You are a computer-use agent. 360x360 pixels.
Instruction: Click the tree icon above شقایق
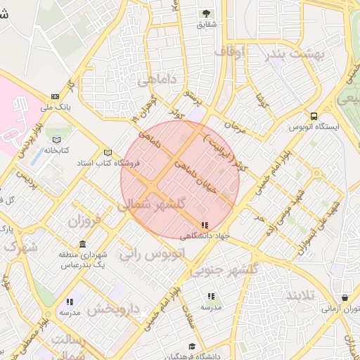pyautogui.click(x=206, y=13)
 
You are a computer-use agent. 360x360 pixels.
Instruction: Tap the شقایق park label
pyautogui.click(x=206, y=25)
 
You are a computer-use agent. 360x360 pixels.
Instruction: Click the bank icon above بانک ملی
pyautogui.click(x=55, y=97)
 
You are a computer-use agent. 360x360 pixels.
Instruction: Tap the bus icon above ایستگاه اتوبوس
pyautogui.click(x=313, y=117)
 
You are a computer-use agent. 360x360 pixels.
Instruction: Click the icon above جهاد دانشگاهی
pyautogui.click(x=205, y=226)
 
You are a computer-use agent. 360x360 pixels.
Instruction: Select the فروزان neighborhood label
pyautogui.click(x=84, y=221)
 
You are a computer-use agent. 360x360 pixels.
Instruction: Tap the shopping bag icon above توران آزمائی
pyautogui.click(x=344, y=298)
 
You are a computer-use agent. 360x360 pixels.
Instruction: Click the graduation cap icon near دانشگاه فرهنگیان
pyautogui.click(x=192, y=346)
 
